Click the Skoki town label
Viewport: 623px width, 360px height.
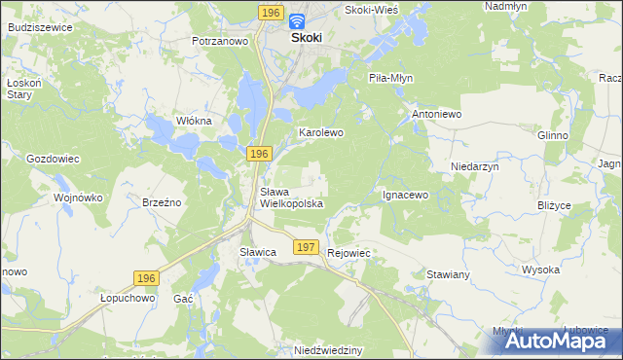coord(307,37)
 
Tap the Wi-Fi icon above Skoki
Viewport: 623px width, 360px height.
coord(297,19)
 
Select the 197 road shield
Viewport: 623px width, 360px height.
coord(306,248)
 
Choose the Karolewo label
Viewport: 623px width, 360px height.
coord(321,131)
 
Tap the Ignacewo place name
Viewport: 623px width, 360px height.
coord(405,195)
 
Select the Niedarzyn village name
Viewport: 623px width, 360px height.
coord(475,167)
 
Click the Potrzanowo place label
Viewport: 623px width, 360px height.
coord(221,42)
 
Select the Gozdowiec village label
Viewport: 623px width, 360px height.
coord(52,158)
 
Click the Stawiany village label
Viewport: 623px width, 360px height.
coord(449,275)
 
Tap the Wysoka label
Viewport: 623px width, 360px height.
coord(540,270)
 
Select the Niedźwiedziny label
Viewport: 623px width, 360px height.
coord(329,348)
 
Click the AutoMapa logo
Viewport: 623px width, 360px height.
coord(550,340)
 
